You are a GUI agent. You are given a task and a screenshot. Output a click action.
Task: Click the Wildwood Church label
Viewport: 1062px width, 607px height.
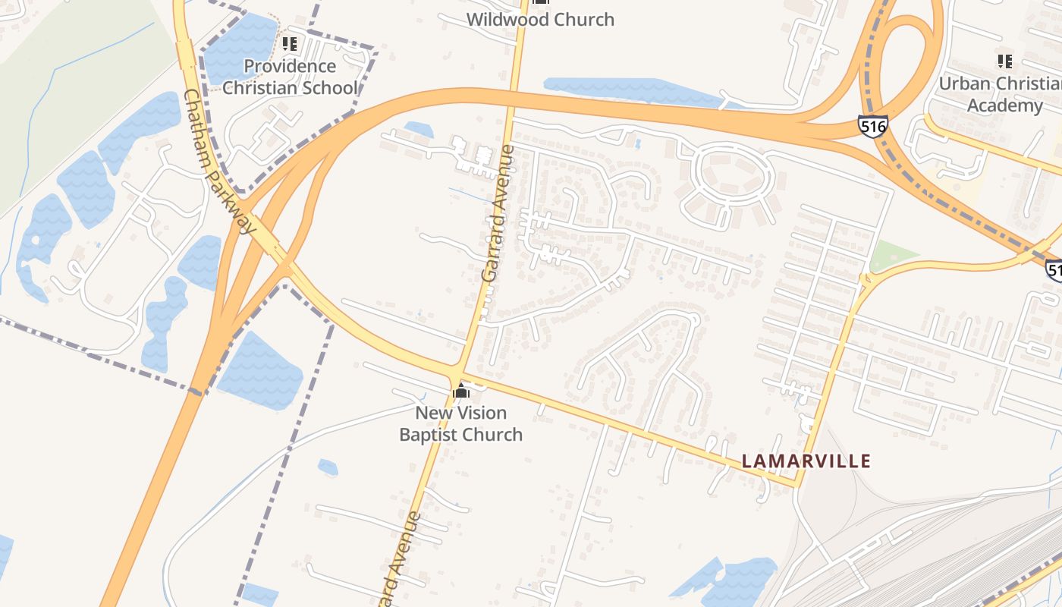click(x=540, y=20)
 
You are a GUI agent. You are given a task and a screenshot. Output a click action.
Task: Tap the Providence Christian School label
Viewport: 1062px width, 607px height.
click(x=290, y=77)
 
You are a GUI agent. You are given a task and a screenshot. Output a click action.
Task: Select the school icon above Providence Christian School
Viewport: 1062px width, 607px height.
click(x=289, y=44)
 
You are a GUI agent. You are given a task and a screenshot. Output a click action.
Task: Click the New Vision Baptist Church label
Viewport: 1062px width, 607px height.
click(x=461, y=423)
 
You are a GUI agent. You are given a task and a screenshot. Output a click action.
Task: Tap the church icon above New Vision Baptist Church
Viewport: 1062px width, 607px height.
click(x=461, y=392)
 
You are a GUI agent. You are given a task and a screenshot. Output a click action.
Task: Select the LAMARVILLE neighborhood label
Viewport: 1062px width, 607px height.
click(x=806, y=461)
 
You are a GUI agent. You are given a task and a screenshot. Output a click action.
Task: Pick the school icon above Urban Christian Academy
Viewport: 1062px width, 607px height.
click(x=1005, y=61)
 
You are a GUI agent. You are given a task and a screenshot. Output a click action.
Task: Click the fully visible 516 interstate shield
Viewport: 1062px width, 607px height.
click(x=873, y=126)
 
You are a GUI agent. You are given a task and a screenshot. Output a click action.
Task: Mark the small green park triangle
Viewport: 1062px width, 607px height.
click(x=888, y=256)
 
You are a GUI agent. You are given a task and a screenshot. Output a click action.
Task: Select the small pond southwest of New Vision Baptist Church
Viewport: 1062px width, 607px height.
click(x=328, y=467)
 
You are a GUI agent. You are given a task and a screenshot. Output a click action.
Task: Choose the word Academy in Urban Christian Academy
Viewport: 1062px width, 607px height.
click(x=1004, y=105)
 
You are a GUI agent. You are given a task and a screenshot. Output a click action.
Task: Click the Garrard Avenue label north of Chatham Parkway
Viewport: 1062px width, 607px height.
click(x=498, y=214)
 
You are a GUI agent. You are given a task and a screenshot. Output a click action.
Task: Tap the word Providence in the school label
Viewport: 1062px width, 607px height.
click(x=290, y=66)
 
